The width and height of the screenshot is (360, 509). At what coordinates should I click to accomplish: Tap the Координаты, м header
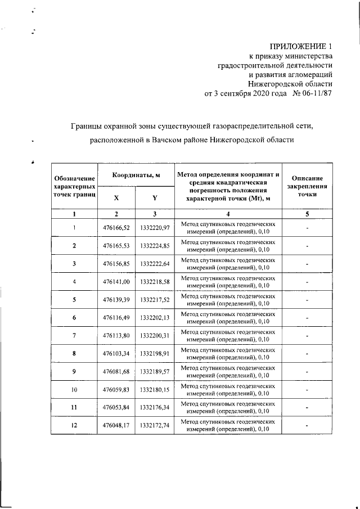click(x=135, y=175)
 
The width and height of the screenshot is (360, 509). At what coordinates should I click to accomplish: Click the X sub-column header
click(x=116, y=198)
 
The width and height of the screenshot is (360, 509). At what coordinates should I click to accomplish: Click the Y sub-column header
click(x=154, y=198)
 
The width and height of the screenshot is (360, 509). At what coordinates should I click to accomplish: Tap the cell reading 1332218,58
click(x=155, y=281)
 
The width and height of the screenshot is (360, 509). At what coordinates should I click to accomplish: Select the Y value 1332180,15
click(x=155, y=389)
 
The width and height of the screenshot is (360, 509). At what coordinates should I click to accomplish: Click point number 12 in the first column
click(x=74, y=425)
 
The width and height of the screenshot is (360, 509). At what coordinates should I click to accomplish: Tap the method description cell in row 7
click(x=228, y=335)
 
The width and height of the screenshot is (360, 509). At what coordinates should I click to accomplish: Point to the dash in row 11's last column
click(x=307, y=407)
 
